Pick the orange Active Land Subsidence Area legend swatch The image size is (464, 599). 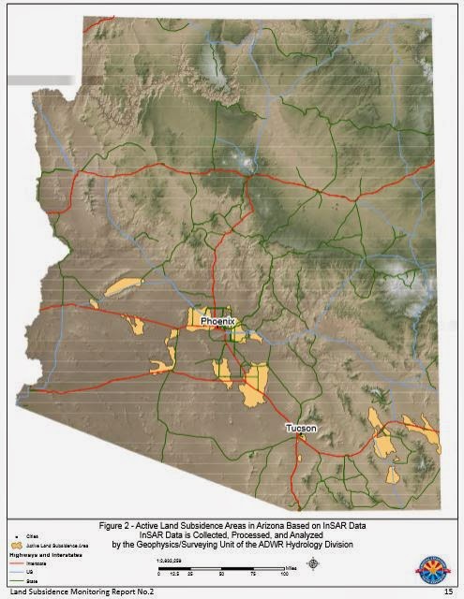(15, 544)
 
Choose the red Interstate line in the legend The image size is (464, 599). (14, 559)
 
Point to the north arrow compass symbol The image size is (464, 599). (312, 563)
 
